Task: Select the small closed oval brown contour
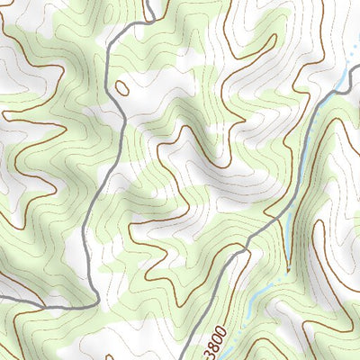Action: pyautogui.click(x=121, y=87)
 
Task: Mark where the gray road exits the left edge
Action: pyautogui.click(x=1, y=297)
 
